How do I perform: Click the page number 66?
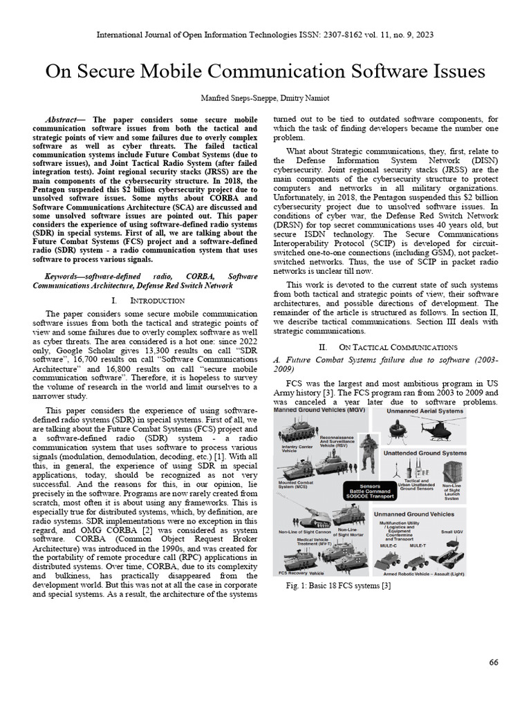click(x=493, y=662)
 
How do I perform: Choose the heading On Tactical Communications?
click(x=397, y=346)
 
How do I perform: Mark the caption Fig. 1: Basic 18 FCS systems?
click(x=338, y=586)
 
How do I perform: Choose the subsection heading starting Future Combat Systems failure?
click(x=386, y=362)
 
